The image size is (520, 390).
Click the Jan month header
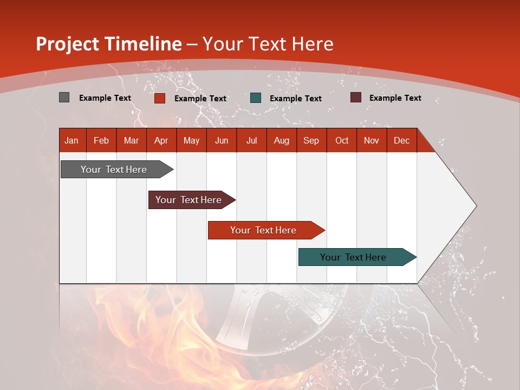point(71,140)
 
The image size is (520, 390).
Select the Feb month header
point(101,140)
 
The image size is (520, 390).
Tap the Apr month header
point(161,140)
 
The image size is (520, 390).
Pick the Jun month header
point(222,140)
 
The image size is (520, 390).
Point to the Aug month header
point(281,140)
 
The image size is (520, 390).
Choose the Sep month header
point(311,140)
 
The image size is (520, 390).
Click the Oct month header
point(342,140)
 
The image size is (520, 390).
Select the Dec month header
point(401,140)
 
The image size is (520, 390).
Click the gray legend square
point(64,97)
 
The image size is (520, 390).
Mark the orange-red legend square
point(159,98)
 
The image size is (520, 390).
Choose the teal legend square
point(255,98)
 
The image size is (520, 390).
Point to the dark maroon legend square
point(355,97)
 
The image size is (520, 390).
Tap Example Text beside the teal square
point(295,98)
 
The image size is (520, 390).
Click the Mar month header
point(131,140)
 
